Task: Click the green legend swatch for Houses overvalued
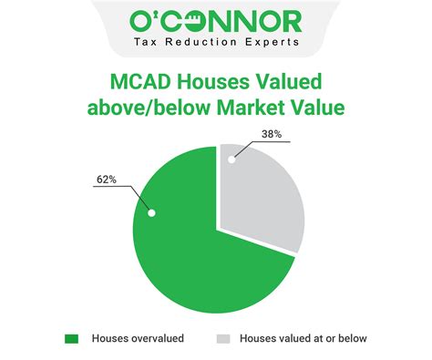coord(72,338)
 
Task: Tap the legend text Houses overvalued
coord(138,338)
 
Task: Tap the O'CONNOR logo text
coord(216,20)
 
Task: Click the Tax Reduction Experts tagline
coord(216,44)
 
